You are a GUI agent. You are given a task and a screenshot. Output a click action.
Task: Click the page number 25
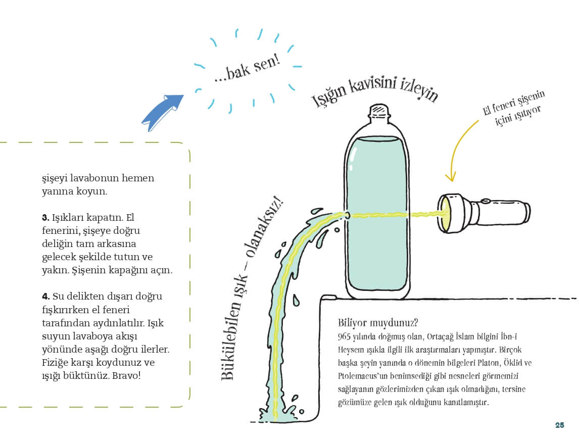[x=559, y=425]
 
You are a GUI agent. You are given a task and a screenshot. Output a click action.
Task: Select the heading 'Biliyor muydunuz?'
[x=378, y=323]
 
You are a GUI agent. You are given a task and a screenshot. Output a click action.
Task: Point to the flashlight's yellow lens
[x=444, y=214]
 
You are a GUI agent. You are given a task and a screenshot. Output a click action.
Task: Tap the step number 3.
[x=45, y=218]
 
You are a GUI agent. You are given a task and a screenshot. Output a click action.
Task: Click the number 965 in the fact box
[x=344, y=336]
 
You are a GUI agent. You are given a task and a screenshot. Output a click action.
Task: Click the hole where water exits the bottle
[x=348, y=215]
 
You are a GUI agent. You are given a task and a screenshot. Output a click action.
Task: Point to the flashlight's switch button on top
[x=485, y=201]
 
